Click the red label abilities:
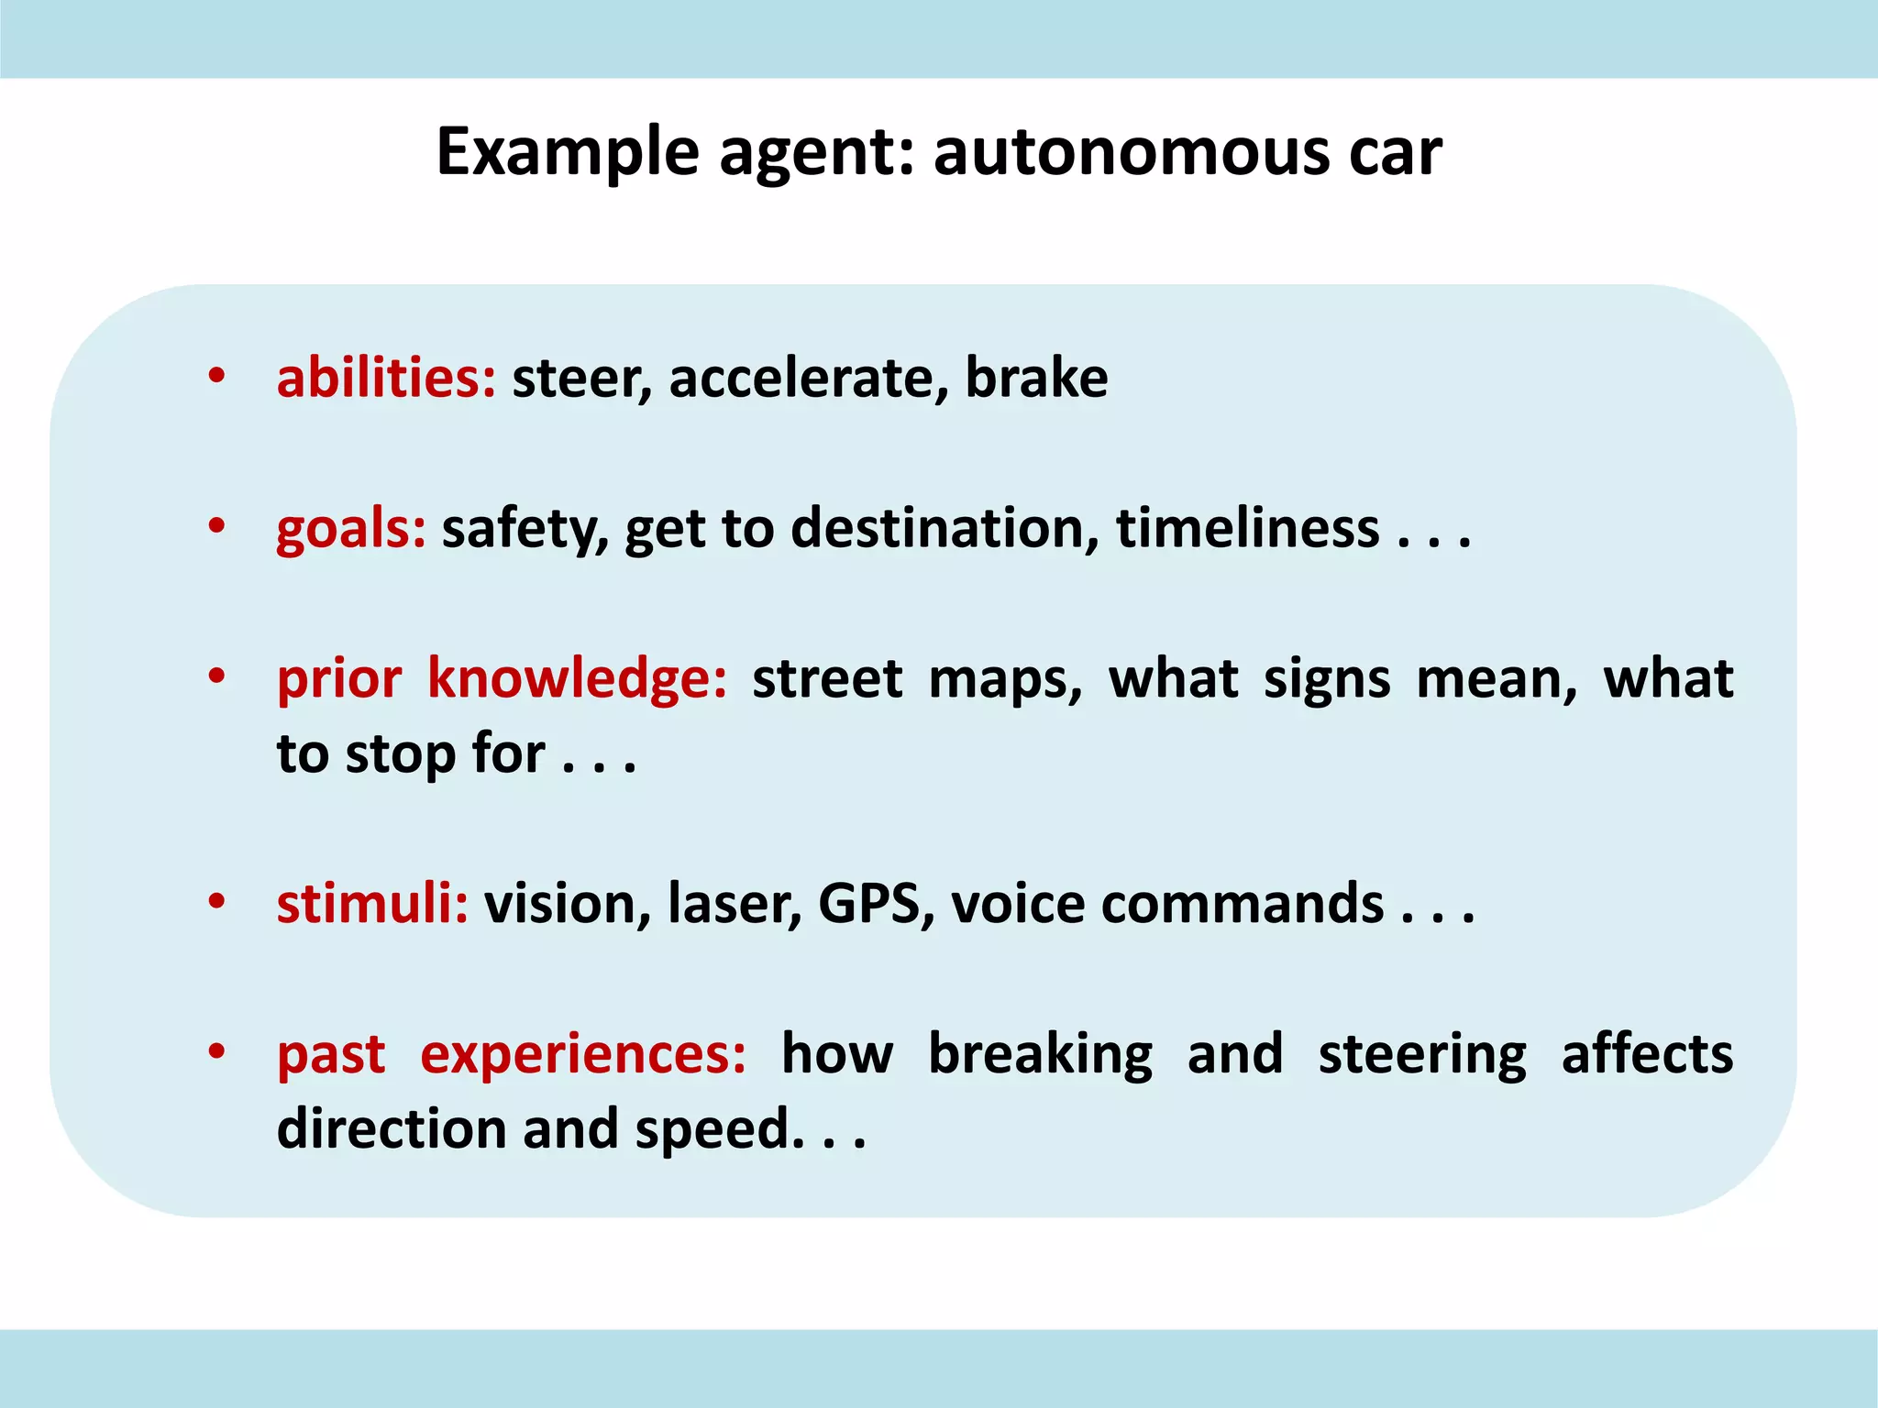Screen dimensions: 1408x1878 (386, 378)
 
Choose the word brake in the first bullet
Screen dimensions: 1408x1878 (1036, 378)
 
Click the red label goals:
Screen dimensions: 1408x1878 (351, 529)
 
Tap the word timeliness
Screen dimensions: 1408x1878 (1247, 529)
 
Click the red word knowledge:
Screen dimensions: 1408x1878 (577, 679)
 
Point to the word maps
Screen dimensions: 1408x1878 (1005, 679)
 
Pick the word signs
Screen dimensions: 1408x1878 (1327, 679)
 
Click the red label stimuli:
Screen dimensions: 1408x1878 (372, 904)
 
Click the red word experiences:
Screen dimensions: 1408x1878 (583, 1054)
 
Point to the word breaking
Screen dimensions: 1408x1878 (1040, 1054)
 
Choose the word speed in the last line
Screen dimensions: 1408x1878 (713, 1129)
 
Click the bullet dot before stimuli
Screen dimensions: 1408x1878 (216, 902)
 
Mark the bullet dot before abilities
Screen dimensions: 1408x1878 (216, 376)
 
